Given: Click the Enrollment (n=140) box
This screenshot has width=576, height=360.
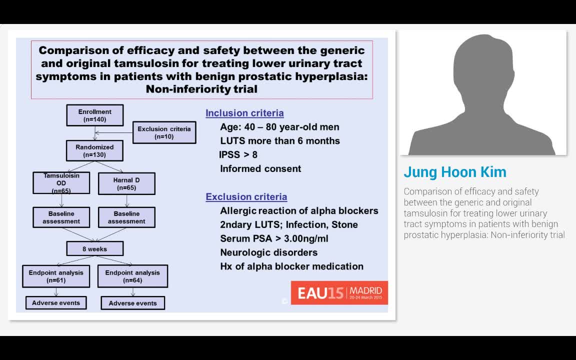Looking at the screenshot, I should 94,115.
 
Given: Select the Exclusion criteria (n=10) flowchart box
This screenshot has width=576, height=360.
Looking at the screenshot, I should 164,132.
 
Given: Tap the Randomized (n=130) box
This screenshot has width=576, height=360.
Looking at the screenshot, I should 94,150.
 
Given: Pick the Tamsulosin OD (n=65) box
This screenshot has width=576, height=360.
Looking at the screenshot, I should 61,183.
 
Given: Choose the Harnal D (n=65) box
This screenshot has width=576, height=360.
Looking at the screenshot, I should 126,183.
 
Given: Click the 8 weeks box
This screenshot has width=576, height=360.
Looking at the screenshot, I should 94,248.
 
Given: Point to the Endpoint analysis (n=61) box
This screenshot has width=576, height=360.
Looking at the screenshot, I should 56,276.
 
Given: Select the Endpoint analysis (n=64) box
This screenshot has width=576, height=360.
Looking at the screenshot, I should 132,276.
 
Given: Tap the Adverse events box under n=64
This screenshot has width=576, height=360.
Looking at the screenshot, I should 132,303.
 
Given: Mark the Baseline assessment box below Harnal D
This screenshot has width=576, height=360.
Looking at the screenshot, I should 126,217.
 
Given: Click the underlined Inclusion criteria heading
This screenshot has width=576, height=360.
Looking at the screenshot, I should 244,113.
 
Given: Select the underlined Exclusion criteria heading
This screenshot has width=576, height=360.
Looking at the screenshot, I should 246,196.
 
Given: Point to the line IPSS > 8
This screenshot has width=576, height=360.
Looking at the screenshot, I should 238,154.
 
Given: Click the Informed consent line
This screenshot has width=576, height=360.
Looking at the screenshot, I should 260,168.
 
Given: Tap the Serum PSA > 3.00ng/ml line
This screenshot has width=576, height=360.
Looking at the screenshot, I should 274,238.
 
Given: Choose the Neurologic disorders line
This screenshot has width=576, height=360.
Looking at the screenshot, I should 268,252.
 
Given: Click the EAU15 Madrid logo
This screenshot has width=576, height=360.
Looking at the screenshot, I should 339,292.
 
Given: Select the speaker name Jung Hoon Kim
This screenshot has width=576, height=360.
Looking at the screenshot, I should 455,172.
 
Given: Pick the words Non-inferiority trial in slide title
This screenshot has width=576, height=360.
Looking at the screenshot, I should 201,89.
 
